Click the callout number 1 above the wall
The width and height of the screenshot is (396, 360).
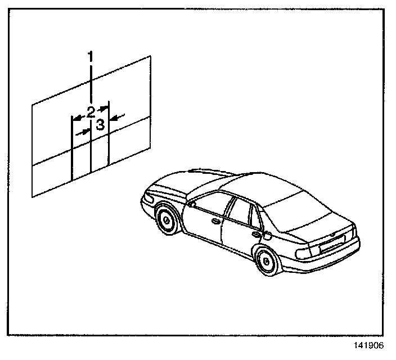91,56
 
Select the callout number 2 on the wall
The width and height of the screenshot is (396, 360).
91,111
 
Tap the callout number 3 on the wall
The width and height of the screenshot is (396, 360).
100,125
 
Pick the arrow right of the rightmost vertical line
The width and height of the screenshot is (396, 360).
116,118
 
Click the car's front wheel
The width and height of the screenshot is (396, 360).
166,220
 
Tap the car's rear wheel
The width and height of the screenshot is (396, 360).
266,260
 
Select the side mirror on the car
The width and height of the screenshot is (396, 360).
193,204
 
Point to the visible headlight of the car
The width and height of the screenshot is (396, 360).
147,198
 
